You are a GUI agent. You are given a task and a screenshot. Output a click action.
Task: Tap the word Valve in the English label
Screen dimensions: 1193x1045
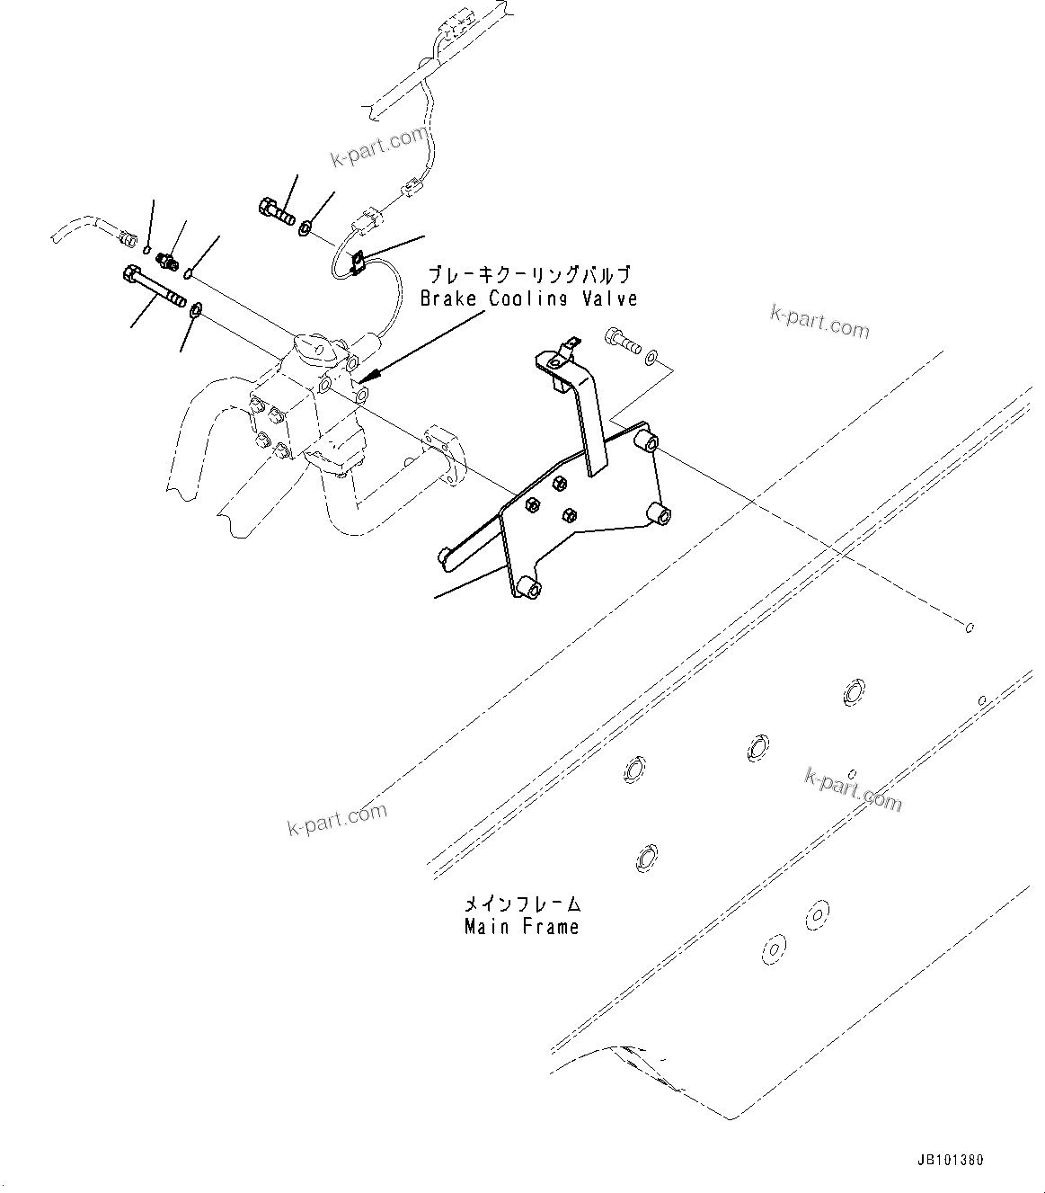[x=610, y=298]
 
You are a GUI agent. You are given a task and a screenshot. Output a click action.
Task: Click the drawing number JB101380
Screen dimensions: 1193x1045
[x=951, y=1161]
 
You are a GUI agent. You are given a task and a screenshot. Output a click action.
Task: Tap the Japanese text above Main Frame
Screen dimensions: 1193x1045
[x=521, y=903]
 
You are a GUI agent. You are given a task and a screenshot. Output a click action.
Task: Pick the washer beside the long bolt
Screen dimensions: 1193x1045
[x=195, y=311]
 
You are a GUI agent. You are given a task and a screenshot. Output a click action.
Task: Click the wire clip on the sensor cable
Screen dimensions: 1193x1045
[x=356, y=260]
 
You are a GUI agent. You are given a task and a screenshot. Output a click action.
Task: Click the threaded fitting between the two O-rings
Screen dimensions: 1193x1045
[x=166, y=261]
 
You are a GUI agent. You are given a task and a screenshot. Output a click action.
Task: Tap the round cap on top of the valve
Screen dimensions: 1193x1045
[x=310, y=346]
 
